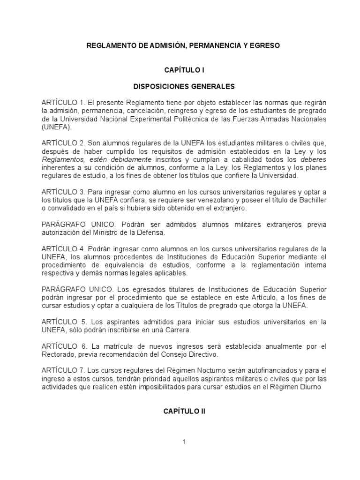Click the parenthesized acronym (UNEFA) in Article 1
[57, 127]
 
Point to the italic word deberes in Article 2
[313, 159]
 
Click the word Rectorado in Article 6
[57, 354]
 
